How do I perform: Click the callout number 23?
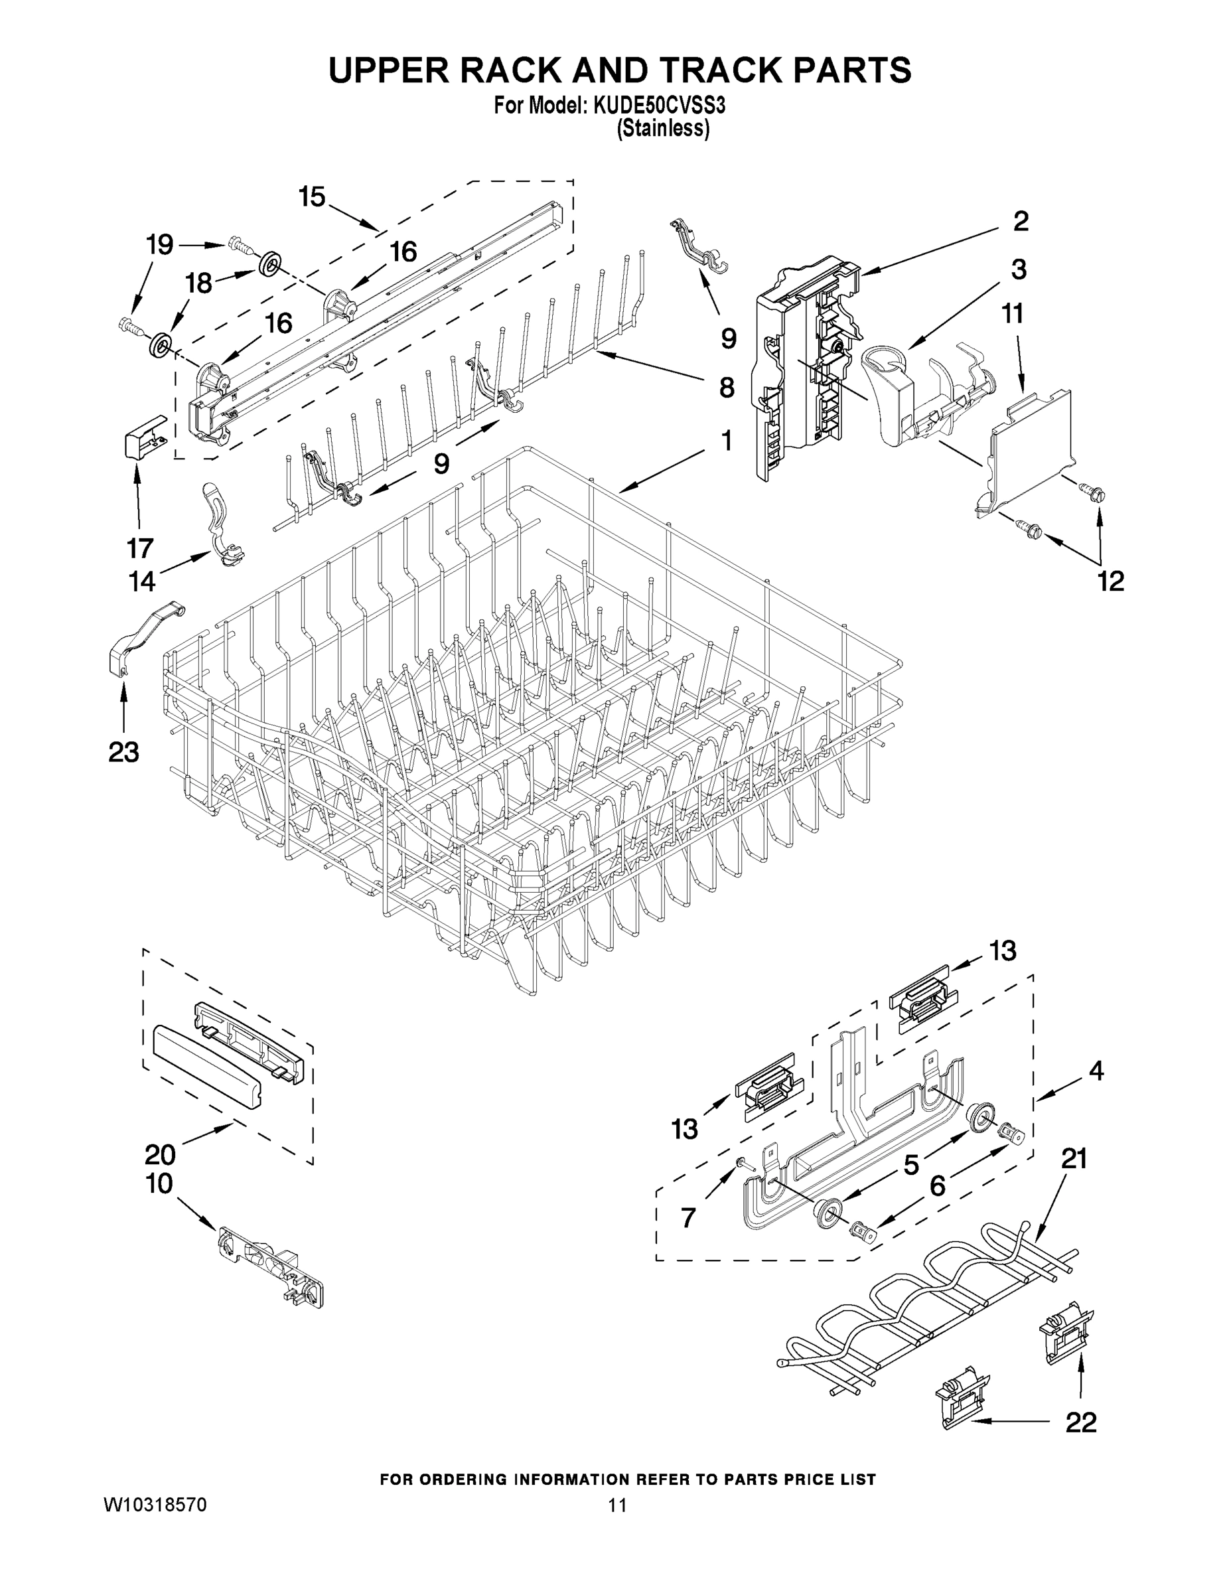click(x=123, y=751)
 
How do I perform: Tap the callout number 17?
click(x=140, y=547)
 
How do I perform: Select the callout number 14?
click(x=142, y=581)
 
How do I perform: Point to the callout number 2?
click(x=1020, y=221)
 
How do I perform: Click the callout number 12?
click(x=1111, y=581)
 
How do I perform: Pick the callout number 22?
click(x=1081, y=1422)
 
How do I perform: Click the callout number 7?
click(x=688, y=1217)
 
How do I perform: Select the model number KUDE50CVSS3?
click(x=659, y=106)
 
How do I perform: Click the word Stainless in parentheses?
click(x=663, y=129)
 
